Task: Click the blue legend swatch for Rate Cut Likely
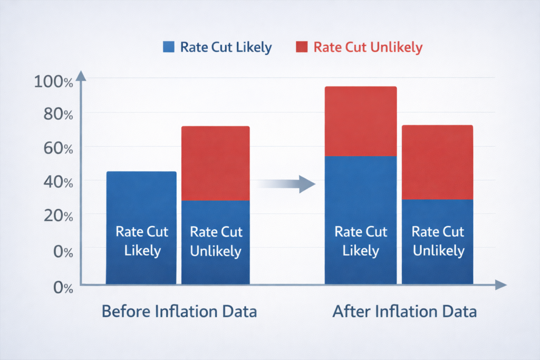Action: coord(169,47)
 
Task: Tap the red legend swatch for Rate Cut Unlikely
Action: coord(302,47)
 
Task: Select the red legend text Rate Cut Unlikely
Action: coord(368,47)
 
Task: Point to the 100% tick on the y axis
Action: coord(53,82)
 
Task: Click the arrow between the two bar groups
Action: coord(287,184)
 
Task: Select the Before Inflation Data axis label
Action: coord(179,312)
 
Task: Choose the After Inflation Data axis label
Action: coord(404,312)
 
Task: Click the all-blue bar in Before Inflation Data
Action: coord(141,227)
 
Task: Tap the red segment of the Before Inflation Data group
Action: coord(215,163)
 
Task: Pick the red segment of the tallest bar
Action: coord(360,121)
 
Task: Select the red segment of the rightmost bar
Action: coord(437,162)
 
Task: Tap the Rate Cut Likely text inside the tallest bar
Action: coord(360,241)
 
